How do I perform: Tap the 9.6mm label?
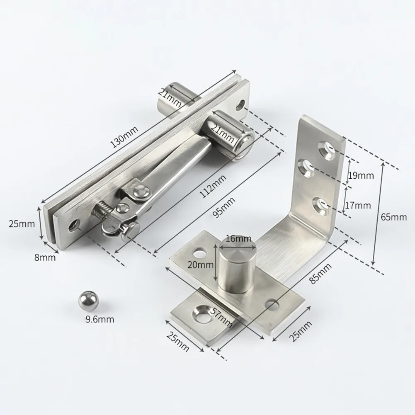click(100, 320)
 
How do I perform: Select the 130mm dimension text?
click(124, 137)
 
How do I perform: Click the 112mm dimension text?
click(214, 186)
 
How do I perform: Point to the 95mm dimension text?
click(223, 208)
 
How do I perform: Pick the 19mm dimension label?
click(360, 175)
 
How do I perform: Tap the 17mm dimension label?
click(357, 205)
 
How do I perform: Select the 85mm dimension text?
click(320, 274)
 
